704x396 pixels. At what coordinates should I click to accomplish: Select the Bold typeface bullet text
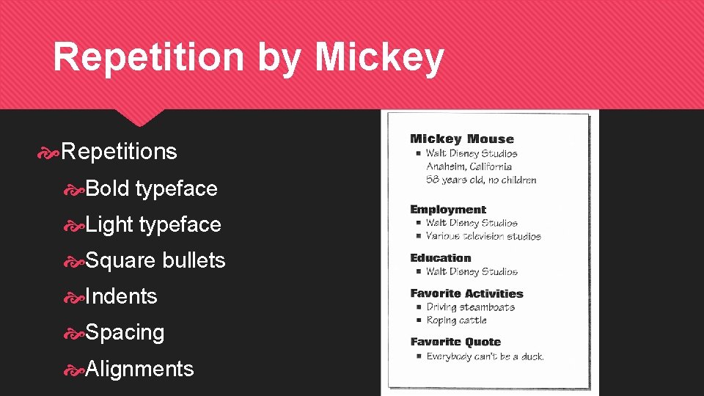[x=151, y=188]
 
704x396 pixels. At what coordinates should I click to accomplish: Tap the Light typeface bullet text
[x=153, y=224]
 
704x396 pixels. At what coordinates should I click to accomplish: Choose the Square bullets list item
[x=155, y=260]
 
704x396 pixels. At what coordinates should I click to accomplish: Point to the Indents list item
[x=121, y=296]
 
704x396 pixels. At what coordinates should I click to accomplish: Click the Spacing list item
[x=125, y=332]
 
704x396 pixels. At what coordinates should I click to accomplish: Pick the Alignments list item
[x=139, y=368]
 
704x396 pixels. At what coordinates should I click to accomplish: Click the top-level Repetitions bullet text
[x=120, y=152]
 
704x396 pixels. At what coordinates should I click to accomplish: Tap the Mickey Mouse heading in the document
[x=462, y=139]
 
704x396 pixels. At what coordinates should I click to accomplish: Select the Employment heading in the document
[x=448, y=210]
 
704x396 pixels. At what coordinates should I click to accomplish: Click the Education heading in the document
[x=441, y=258]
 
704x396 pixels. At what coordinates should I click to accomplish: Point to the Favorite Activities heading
[x=466, y=293]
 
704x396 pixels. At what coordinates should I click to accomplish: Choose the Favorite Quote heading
[x=455, y=342]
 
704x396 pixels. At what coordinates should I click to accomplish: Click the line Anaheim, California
[x=469, y=166]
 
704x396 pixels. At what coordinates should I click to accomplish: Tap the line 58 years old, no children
[x=481, y=180]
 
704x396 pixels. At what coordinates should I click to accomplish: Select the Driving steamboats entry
[x=470, y=307]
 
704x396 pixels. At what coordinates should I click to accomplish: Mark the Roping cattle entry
[x=456, y=320]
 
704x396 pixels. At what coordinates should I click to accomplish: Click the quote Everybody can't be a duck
[x=485, y=356]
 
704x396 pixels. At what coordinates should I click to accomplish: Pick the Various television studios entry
[x=483, y=236]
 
